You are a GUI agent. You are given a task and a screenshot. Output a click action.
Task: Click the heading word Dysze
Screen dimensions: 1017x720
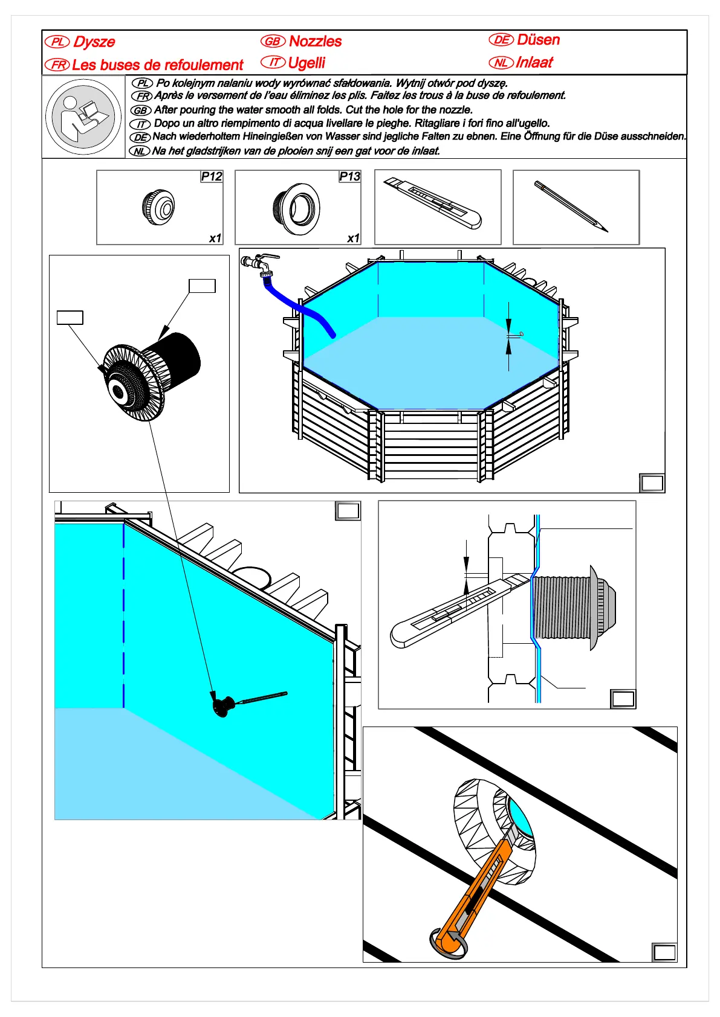coord(94,42)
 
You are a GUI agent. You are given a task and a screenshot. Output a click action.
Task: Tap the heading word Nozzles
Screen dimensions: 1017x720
coord(315,41)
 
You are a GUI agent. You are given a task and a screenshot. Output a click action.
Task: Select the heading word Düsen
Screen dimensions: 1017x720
coord(538,40)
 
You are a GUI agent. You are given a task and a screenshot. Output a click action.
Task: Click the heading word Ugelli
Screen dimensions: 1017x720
coord(306,63)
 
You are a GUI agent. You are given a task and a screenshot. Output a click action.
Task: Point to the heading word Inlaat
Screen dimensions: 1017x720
coord(534,62)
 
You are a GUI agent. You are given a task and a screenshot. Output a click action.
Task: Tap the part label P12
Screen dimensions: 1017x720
coord(212,176)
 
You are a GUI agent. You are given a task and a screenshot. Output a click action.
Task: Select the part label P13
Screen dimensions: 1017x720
coord(349,176)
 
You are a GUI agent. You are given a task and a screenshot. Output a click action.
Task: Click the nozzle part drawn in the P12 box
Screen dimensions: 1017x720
coord(158,207)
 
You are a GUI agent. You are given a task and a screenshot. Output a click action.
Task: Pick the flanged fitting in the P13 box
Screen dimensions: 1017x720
coord(296,208)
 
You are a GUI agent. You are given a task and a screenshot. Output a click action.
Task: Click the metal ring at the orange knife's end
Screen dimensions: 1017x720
coord(447,943)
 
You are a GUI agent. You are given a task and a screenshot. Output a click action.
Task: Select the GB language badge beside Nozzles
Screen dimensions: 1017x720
coord(273,41)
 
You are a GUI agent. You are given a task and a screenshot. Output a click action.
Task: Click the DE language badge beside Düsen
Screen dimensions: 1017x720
coord(501,40)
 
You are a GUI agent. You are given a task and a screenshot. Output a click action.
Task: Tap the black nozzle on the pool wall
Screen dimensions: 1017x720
coord(224,705)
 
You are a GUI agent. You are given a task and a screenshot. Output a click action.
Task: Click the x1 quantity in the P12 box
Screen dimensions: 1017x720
coord(215,239)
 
